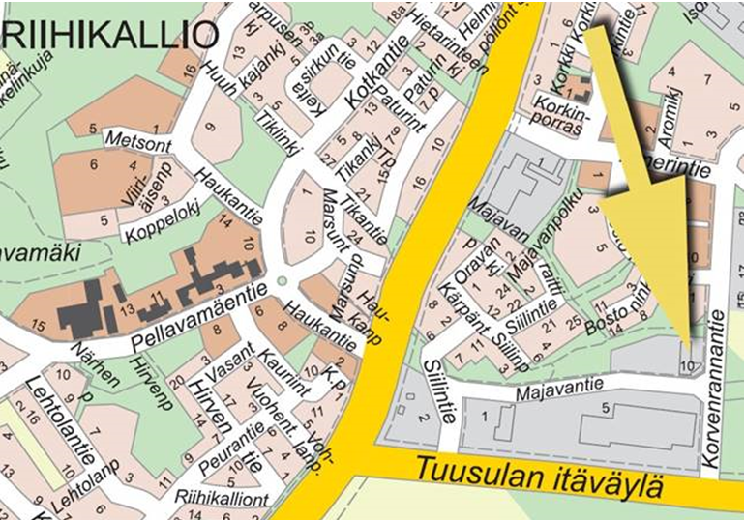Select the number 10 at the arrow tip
pyautogui.click(x=688, y=365)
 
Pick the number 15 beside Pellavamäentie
pyautogui.click(x=38, y=327)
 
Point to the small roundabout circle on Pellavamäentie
pyautogui.click(x=282, y=281)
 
